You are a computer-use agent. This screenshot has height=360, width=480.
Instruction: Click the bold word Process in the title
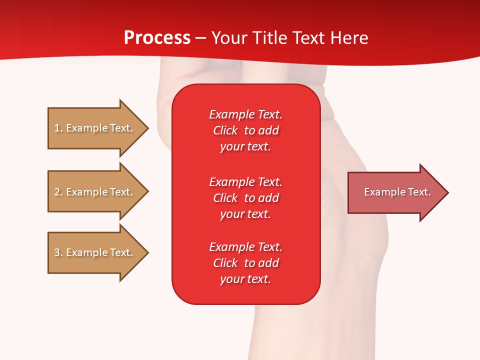[x=157, y=38]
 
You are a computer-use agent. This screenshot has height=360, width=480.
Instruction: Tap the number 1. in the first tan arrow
[x=58, y=128]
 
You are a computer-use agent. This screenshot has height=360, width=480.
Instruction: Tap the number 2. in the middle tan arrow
[x=58, y=192]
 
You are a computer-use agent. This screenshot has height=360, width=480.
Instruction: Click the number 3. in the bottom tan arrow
[x=58, y=252]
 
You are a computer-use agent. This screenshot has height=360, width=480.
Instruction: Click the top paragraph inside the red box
[x=245, y=130]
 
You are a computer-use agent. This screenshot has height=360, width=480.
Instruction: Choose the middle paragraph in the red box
[x=245, y=197]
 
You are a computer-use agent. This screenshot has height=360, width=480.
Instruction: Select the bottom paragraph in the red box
[x=245, y=263]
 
